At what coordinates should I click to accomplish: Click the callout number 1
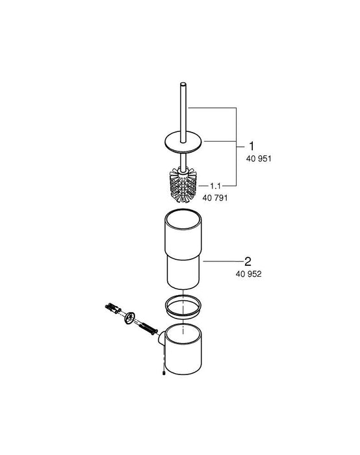[246, 148]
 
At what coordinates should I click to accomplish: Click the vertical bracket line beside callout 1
[235, 147]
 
